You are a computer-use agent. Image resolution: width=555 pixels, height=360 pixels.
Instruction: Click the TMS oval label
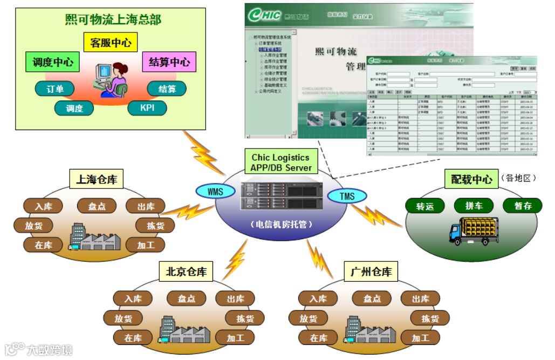[347, 196]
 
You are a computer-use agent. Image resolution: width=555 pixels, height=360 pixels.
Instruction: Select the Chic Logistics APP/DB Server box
[280, 162]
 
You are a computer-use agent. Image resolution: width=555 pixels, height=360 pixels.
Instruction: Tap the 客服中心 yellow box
[111, 43]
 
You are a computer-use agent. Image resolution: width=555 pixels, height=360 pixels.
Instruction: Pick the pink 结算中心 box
[169, 62]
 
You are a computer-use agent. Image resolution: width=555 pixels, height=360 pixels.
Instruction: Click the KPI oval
[147, 108]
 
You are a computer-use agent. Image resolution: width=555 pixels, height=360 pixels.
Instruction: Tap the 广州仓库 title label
[371, 272]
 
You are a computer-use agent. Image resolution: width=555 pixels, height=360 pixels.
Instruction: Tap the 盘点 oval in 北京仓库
[187, 298]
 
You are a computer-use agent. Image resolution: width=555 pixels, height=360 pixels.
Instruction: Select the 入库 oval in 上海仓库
[43, 206]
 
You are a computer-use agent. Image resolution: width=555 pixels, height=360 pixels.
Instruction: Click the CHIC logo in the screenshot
[264, 15]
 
